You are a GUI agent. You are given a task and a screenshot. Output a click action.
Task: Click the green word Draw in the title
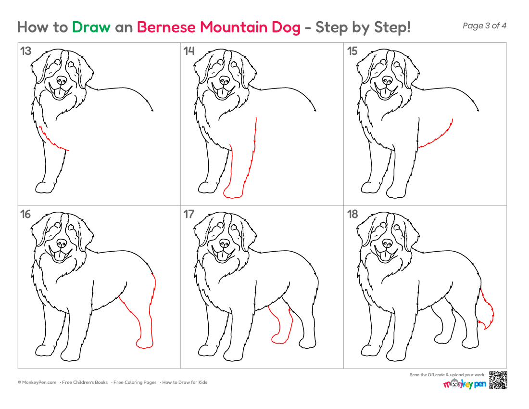coord(91,27)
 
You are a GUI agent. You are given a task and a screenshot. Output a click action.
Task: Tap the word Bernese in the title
coord(166,27)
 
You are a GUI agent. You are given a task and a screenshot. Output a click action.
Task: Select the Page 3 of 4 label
coord(484,26)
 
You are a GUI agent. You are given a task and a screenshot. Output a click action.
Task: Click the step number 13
coord(25,51)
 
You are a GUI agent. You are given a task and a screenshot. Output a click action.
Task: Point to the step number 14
coord(189,51)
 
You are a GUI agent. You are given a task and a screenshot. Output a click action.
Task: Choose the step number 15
coord(352,51)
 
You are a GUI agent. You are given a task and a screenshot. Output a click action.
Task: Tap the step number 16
coord(25,214)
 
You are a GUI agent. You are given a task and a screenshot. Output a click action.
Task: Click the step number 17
coord(189,214)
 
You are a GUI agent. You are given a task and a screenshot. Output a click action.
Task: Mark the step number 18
coord(352,214)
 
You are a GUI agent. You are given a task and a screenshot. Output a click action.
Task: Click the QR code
coord(498,380)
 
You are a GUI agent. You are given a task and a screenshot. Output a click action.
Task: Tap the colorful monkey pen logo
coord(465,383)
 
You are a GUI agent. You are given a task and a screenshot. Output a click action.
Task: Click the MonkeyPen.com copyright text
coord(37,383)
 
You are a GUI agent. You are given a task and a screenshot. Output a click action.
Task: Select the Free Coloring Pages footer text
coord(135,383)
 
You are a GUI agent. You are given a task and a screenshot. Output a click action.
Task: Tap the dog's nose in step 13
coord(62,80)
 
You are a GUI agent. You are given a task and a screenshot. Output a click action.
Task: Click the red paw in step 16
coord(145,344)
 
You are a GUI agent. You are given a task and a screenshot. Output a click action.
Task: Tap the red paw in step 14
coord(233,193)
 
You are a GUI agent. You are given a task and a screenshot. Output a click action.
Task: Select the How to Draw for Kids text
coord(185,383)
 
